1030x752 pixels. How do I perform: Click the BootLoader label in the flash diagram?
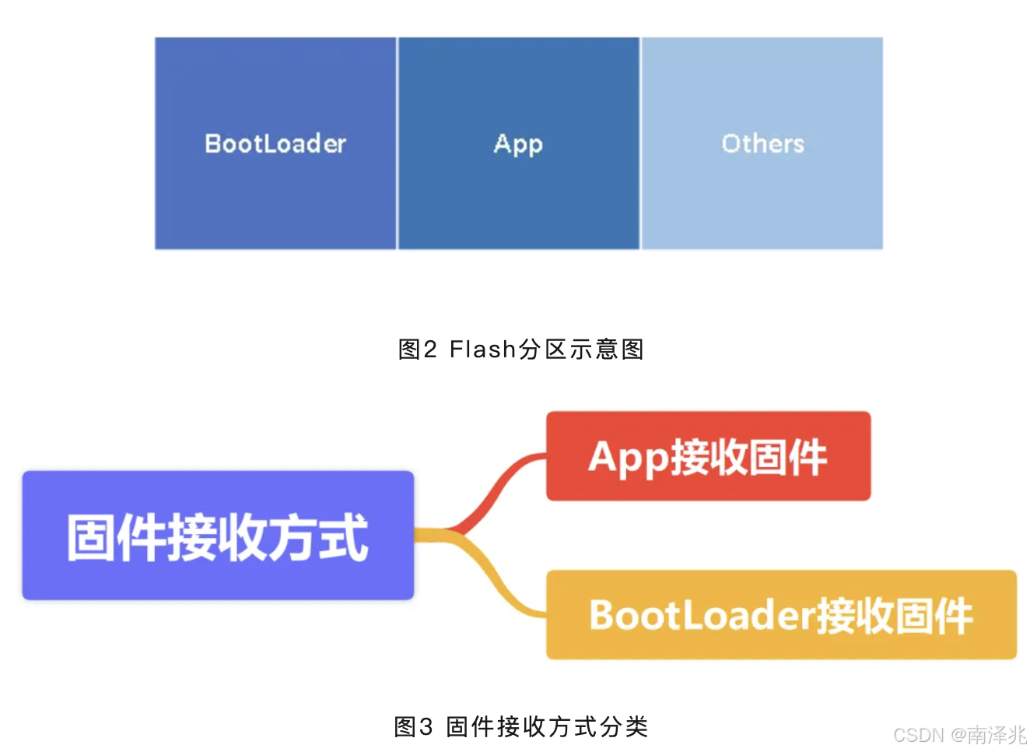[275, 144]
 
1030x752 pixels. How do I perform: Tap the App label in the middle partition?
[518, 145]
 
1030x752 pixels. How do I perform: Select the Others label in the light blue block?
[762, 144]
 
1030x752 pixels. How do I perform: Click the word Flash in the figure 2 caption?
[483, 350]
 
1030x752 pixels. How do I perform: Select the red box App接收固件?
[708, 456]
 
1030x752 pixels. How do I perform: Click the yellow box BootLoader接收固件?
[781, 615]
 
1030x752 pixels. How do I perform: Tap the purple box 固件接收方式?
[218, 536]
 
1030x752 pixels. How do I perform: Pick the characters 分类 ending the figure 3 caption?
[624, 727]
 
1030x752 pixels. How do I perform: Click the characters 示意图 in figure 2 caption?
[606, 350]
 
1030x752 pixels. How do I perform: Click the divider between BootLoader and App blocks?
[398, 144]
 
